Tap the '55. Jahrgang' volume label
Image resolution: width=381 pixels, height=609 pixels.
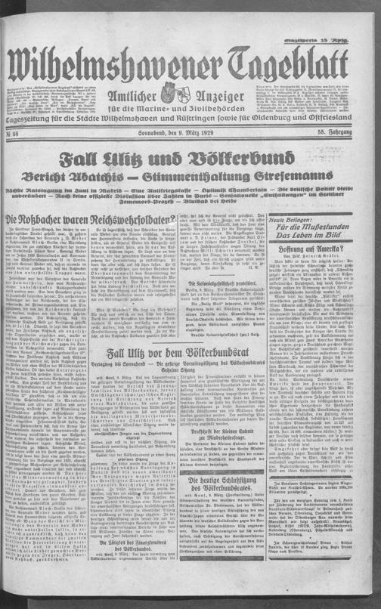[x=352, y=134]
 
